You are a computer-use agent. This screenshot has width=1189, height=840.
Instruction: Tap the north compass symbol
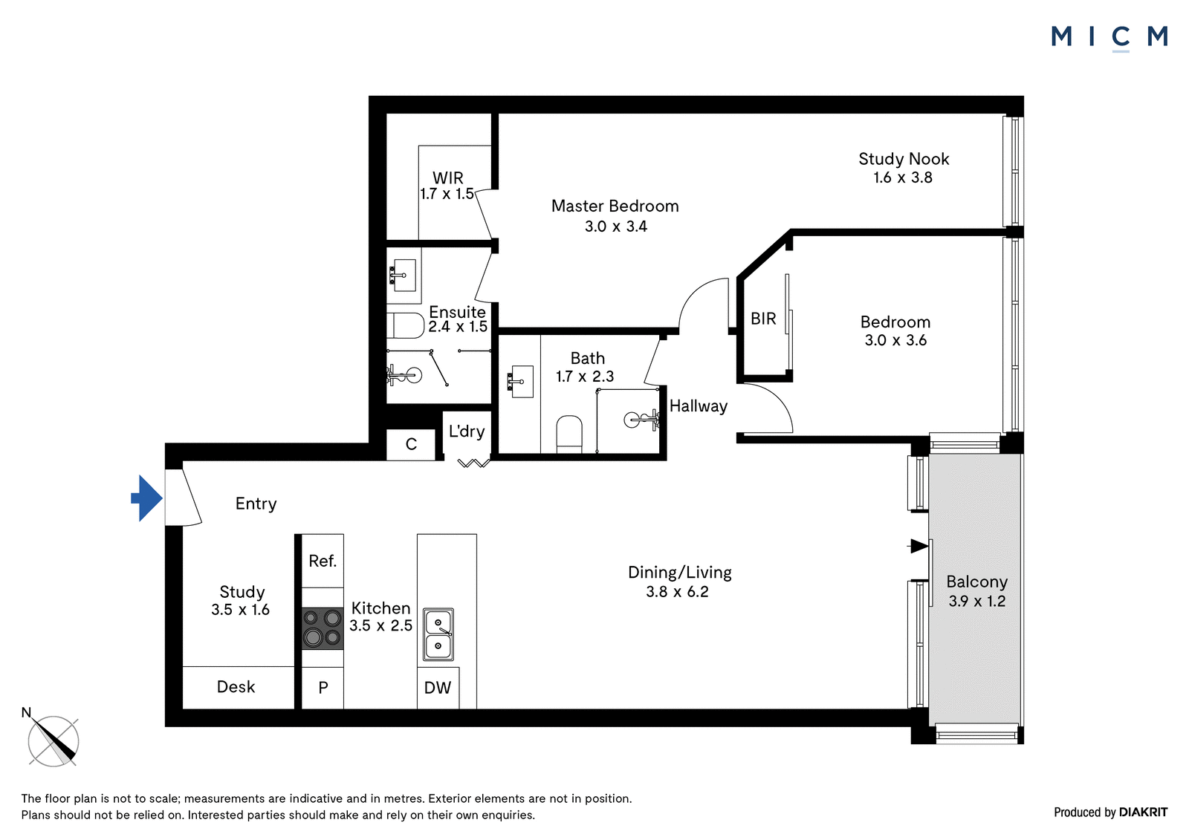[x=53, y=741]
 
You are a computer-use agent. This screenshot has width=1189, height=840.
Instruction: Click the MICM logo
[x=1109, y=38]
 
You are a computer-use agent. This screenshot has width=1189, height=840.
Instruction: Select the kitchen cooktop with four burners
[x=323, y=629]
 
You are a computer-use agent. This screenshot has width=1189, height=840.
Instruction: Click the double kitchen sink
[x=438, y=635]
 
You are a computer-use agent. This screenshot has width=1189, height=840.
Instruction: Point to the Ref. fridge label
[x=323, y=561]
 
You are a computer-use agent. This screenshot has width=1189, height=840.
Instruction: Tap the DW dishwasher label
[x=438, y=688]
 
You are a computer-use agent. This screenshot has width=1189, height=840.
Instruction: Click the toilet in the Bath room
[x=569, y=434]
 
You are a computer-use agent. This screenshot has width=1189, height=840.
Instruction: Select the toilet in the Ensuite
[x=405, y=325]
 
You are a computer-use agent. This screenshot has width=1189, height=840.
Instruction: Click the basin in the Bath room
[x=520, y=381]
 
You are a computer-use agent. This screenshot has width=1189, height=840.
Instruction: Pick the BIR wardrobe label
[x=763, y=319]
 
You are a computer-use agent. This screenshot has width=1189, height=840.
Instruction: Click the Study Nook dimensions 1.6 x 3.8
[x=903, y=178]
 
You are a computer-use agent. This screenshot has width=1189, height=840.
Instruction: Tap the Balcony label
[x=976, y=582]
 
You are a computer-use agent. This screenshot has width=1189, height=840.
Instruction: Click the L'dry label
[x=467, y=432]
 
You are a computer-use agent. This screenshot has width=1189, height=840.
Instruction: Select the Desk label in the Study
[x=236, y=687]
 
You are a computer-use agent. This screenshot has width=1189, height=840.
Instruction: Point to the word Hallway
[x=698, y=406]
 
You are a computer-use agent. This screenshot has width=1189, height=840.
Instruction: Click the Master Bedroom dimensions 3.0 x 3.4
[x=616, y=226]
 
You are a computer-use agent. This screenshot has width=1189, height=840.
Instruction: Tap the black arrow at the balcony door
[x=919, y=545]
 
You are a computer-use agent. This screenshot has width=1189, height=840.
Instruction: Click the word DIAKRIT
[x=1144, y=812]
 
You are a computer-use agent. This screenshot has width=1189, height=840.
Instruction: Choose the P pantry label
[x=323, y=688]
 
